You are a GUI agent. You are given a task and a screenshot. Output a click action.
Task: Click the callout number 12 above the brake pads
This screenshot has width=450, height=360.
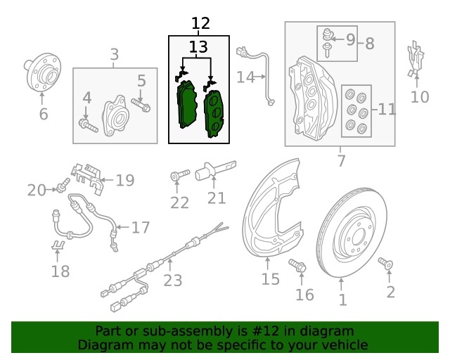pos(200,24)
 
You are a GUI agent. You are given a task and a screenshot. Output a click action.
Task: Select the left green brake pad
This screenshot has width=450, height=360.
pos(186,104)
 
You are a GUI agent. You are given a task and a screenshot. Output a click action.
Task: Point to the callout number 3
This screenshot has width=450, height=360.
pos(115,54)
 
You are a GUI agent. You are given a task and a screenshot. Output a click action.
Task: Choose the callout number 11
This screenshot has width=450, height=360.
pos(387,109)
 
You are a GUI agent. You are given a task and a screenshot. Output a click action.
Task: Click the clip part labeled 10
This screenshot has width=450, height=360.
pos(416,59)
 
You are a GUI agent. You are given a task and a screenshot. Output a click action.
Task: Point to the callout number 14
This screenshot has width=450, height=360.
pos(245,77)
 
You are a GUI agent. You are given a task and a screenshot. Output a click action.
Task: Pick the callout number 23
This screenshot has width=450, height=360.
pos(172,281)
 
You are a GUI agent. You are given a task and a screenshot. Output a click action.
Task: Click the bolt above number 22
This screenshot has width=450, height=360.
pos(178,174)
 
